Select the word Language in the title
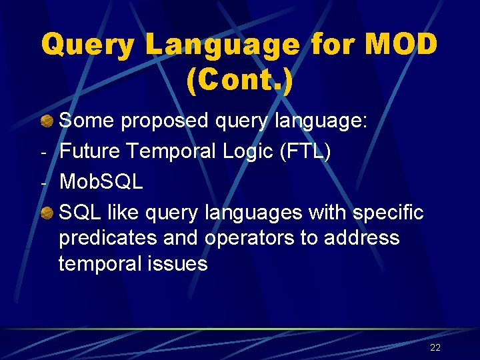(x=223, y=45)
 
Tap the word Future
(x=89, y=151)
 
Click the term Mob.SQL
(x=101, y=182)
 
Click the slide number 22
(x=435, y=347)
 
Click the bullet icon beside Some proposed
(x=47, y=121)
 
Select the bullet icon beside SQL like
(x=47, y=213)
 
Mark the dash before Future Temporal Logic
(x=43, y=153)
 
